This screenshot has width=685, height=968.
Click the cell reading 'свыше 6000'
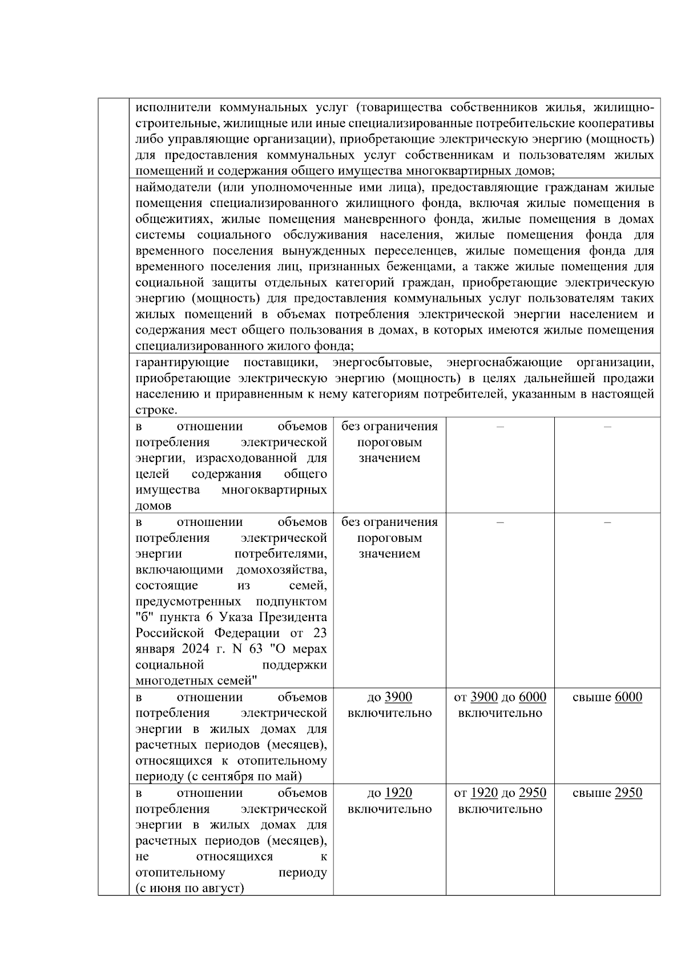607,697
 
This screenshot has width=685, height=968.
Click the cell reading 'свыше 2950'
607,793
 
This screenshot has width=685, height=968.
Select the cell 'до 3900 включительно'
389,705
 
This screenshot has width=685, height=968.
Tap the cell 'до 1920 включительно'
389,801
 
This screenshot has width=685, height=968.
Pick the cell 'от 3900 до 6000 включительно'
499,705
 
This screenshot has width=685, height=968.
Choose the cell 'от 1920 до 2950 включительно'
499,801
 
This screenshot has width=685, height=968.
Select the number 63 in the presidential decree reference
255,649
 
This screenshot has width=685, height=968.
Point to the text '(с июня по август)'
190,888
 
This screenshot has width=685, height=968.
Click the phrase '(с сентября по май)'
244,776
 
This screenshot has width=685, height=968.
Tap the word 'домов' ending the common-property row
153,506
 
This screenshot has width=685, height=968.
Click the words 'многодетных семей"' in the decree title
196,681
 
